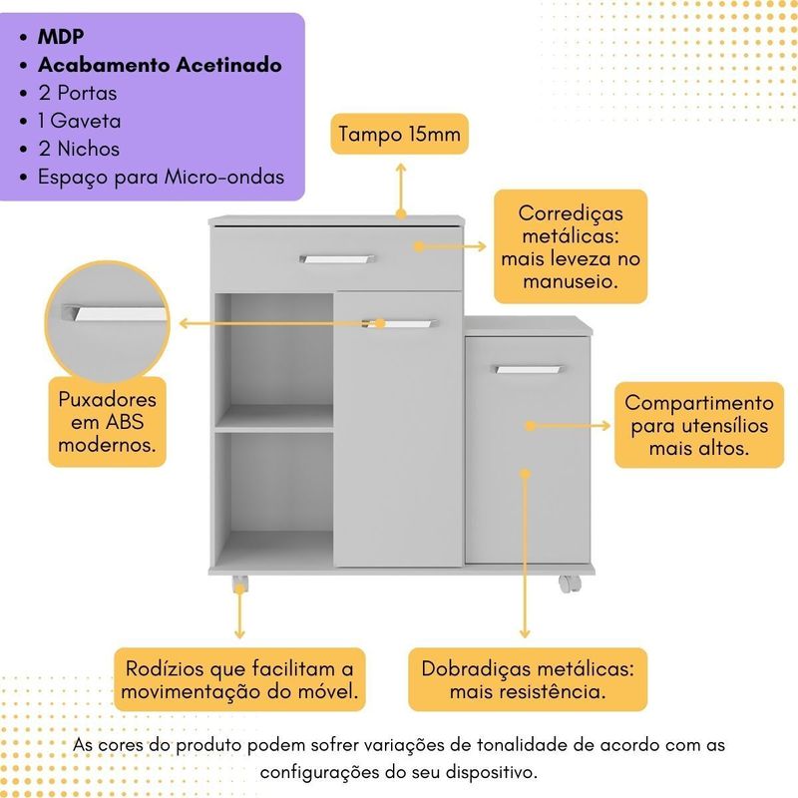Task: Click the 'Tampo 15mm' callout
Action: (x=400, y=135)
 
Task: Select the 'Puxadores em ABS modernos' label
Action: (x=107, y=421)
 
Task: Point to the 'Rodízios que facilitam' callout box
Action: (x=239, y=679)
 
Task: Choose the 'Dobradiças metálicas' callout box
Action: (x=528, y=679)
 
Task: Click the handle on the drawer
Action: (x=337, y=259)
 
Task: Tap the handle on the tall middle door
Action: (x=401, y=322)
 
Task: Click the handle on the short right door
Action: (x=529, y=370)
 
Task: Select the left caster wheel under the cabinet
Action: (x=239, y=583)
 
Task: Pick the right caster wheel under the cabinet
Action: (x=568, y=583)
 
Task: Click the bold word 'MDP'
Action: (x=61, y=37)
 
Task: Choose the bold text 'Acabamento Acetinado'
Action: (x=160, y=65)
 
